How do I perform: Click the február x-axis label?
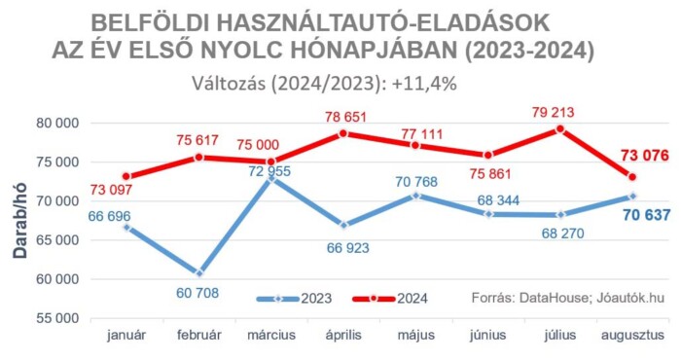[x=199, y=336]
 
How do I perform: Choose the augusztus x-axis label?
[x=632, y=336]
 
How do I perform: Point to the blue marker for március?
[x=271, y=179]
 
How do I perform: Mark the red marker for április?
[x=343, y=133]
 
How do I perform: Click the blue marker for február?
[x=199, y=273]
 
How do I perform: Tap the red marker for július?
[x=560, y=128]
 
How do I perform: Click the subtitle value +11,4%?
[x=425, y=83]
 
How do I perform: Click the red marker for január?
[x=127, y=177]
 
